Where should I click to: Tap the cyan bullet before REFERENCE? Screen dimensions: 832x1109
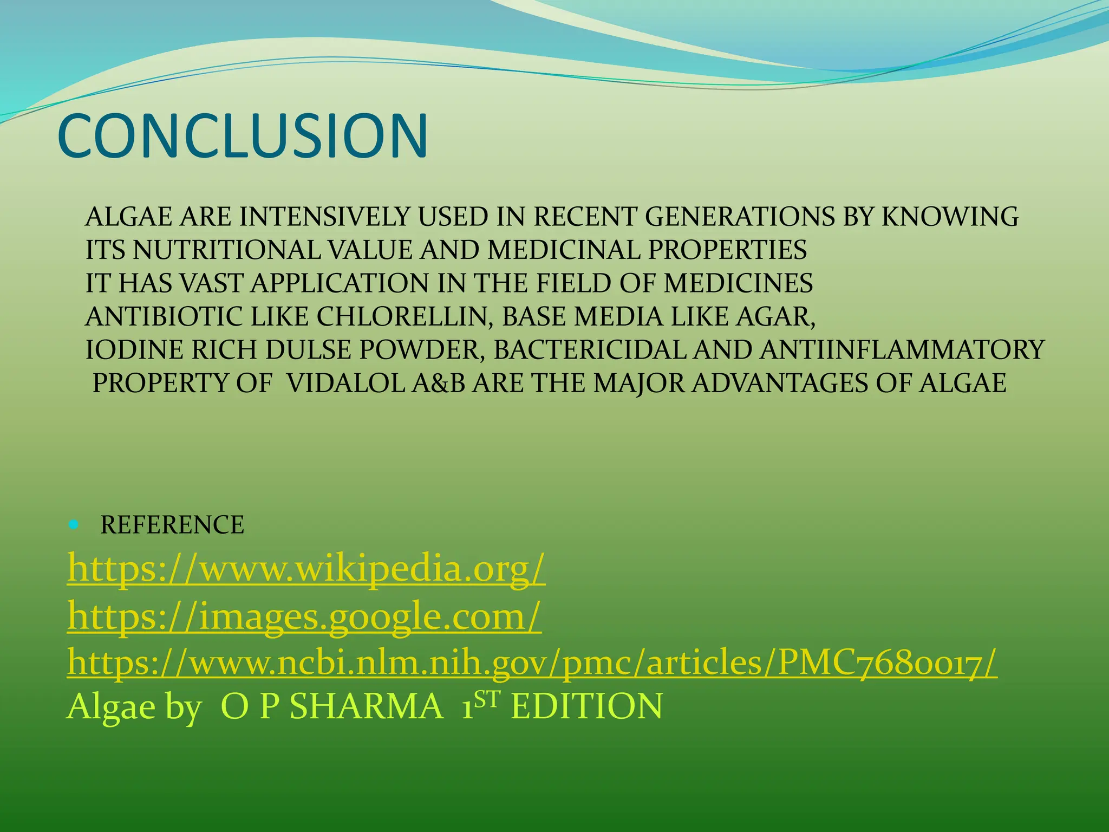tap(74, 524)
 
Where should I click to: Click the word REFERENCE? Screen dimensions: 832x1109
tap(172, 525)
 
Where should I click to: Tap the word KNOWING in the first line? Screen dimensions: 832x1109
tap(950, 217)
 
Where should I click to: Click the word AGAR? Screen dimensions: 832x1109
tap(775, 317)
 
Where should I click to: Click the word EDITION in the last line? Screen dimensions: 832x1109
tap(586, 706)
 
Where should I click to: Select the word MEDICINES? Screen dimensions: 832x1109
tap(738, 283)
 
